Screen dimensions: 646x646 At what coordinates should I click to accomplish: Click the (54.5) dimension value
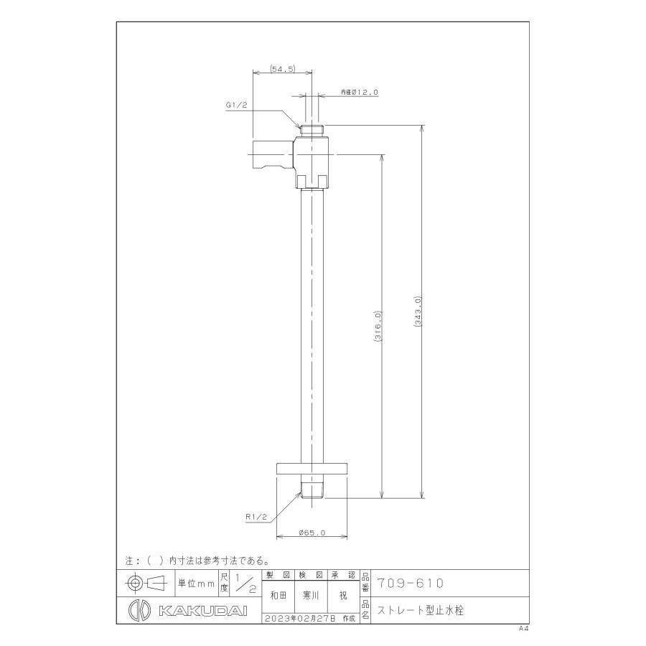tap(283, 69)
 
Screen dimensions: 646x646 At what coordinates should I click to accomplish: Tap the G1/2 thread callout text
tap(236, 105)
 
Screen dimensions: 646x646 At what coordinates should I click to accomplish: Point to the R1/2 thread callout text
tap(257, 517)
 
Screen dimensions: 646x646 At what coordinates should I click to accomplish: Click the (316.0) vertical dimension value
tap(378, 326)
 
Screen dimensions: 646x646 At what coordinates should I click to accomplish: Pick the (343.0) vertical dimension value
tap(417, 312)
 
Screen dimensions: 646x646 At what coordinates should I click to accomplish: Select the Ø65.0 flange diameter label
tap(312, 533)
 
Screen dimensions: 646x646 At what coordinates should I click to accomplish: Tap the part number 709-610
tap(411, 584)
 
